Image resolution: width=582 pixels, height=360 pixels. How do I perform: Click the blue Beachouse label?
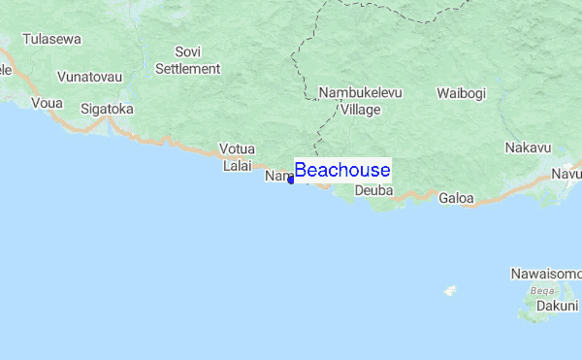coord(342,171)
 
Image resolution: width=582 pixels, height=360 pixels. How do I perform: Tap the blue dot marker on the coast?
coord(291,180)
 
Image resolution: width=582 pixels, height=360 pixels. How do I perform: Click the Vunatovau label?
coord(90,76)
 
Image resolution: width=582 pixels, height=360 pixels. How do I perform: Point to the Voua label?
coord(47,102)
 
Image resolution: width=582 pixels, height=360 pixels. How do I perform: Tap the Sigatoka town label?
coord(107,109)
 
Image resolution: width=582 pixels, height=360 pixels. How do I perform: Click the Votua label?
coord(237,148)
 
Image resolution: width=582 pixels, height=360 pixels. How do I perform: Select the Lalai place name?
coord(238,166)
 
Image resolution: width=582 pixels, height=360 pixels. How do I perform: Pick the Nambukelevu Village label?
coord(360,102)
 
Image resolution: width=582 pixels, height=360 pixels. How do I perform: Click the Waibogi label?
coord(461,93)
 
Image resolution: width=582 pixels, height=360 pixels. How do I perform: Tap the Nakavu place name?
coord(528,147)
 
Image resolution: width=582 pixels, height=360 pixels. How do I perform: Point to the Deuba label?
coord(373,191)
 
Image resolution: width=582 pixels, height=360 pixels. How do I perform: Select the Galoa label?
coord(456,198)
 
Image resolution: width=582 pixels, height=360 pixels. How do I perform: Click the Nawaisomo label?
coord(545,275)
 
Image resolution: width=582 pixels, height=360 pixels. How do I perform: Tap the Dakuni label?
coord(557,305)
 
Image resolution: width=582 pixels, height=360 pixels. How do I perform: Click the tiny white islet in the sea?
coord(450,290)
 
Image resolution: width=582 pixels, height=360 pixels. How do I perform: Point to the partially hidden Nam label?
coord(277,176)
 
